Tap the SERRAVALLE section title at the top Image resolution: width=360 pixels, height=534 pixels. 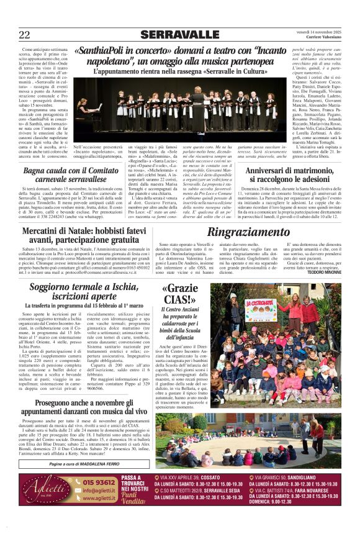tap(179, 35)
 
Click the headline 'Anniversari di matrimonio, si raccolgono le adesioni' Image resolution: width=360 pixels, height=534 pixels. tap(283, 176)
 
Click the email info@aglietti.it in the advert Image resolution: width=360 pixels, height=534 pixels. tap(98, 491)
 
